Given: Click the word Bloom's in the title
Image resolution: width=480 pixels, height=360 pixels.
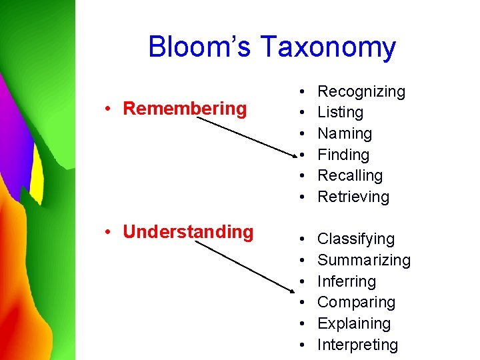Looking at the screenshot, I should click(200, 47).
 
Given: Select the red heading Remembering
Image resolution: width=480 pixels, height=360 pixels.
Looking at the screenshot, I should click(185, 108).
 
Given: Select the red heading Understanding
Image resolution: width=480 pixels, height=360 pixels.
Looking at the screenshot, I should click(188, 231).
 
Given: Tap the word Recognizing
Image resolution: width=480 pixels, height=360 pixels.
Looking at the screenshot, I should click(361, 91).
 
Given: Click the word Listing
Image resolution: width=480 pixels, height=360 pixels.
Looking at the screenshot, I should click(340, 113).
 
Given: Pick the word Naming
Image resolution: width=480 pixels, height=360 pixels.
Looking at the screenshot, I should click(345, 133).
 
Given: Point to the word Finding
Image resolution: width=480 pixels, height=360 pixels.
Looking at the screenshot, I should click(343, 155).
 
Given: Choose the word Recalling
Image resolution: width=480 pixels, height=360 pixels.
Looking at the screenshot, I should click(350, 175).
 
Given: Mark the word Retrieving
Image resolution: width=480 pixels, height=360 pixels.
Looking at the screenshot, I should click(353, 197).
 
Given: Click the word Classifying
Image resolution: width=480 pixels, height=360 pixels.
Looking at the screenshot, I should click(355, 239).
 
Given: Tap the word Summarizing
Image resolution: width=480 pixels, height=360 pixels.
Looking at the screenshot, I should click(363, 260).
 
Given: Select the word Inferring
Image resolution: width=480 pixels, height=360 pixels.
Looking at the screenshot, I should click(346, 281).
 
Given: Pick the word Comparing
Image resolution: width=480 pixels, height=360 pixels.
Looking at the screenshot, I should click(356, 302).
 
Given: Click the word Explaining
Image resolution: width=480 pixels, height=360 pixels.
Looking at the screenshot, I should click(353, 323).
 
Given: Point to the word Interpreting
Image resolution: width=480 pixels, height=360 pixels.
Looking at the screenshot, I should click(357, 345).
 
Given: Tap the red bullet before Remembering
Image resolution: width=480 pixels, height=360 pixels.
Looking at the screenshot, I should click(107, 109).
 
